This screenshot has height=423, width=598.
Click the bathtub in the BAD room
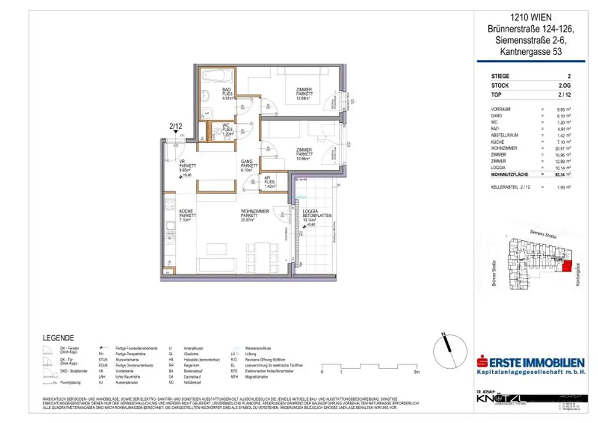tap(217, 77)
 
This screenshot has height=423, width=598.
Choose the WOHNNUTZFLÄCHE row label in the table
tap(511, 174)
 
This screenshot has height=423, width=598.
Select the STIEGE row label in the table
tap(500, 77)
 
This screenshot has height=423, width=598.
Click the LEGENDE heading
tap(58, 338)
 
